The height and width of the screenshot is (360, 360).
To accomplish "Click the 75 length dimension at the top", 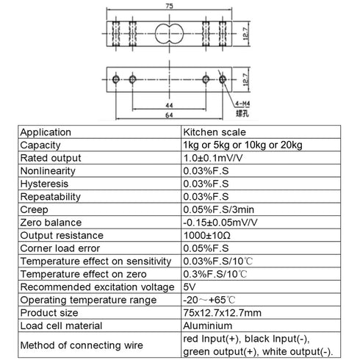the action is (x=169, y=6).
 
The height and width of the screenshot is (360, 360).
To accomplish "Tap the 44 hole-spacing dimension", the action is (x=169, y=106).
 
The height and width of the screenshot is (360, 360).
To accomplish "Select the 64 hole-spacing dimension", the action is (x=169, y=115).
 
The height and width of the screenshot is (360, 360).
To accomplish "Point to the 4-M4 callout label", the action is (x=242, y=104).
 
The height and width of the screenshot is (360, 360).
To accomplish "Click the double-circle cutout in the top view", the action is (x=169, y=34).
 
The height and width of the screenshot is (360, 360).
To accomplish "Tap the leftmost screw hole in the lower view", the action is (x=116, y=79).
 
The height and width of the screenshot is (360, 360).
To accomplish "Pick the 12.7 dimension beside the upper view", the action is (x=245, y=34).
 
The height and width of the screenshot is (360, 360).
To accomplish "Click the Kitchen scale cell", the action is (x=215, y=132).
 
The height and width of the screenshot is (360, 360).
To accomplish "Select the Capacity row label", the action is (x=40, y=145).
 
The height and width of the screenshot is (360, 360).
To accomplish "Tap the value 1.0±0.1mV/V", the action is (x=213, y=158).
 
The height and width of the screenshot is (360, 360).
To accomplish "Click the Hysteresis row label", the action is (x=44, y=184).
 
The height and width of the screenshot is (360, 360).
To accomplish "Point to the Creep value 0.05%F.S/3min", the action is (x=218, y=210).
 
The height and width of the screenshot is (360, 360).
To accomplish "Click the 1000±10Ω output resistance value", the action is (x=207, y=236).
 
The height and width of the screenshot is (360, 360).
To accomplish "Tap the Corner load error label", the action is (x=60, y=248).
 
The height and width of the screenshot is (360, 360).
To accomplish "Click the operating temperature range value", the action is (x=209, y=300).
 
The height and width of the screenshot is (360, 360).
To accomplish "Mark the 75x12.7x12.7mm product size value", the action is (x=222, y=313).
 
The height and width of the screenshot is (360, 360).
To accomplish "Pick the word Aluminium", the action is (x=207, y=326).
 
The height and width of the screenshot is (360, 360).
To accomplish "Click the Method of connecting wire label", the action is (x=82, y=345).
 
